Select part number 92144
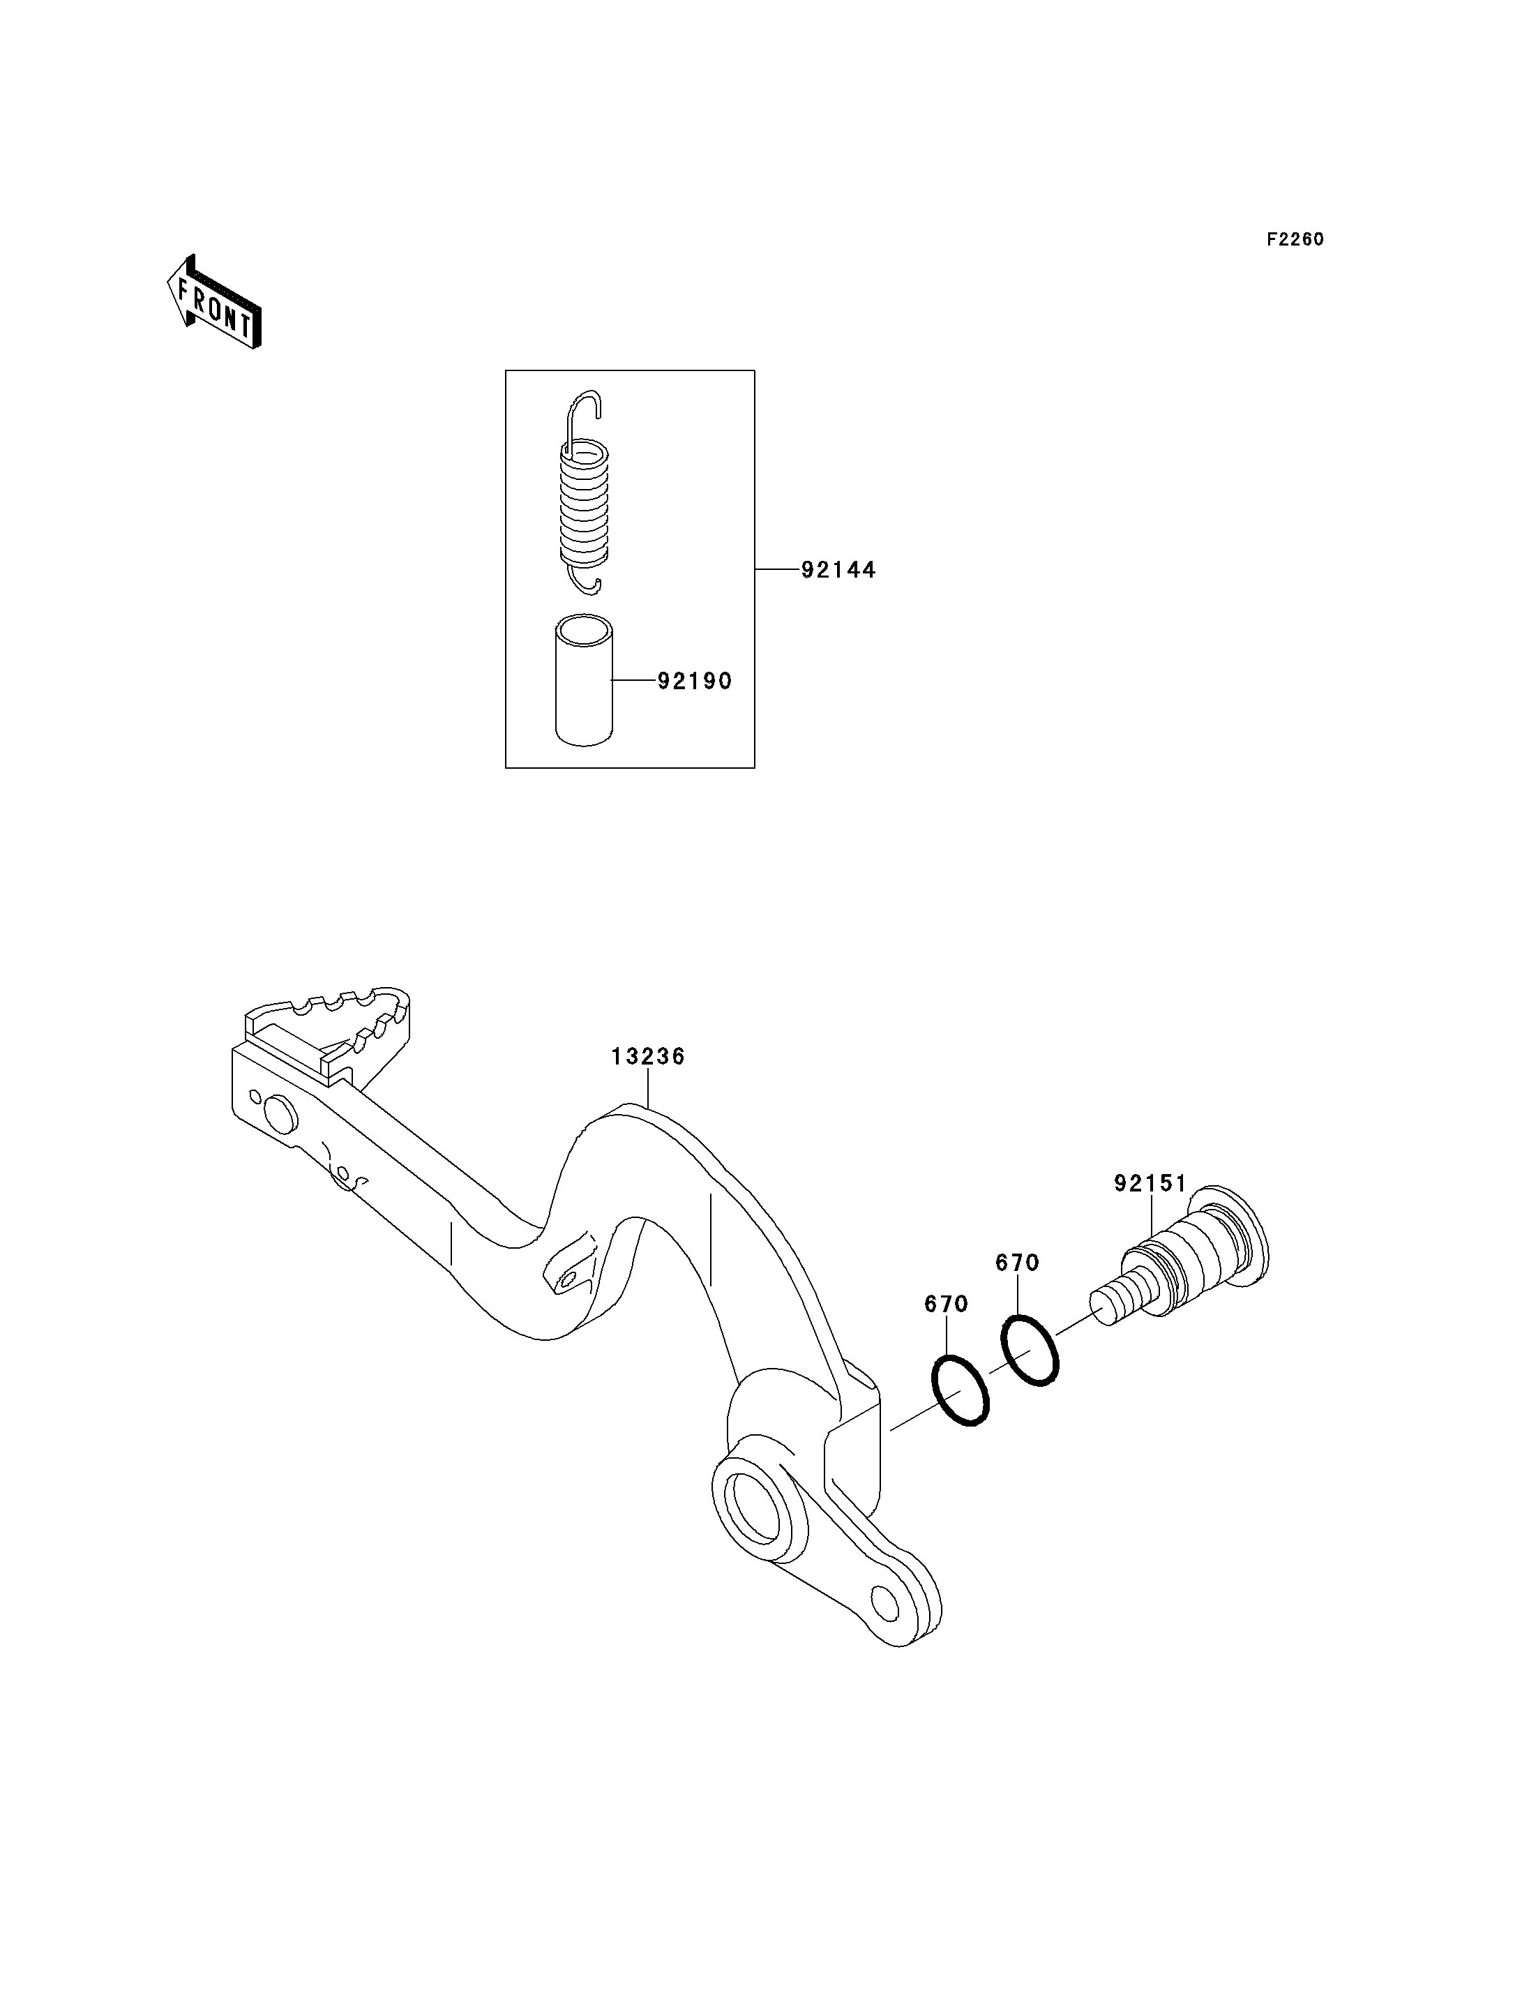click(x=838, y=570)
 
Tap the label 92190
click(x=695, y=681)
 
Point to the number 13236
click(x=648, y=1056)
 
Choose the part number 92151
click(x=1150, y=1183)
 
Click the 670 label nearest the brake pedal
click(x=947, y=1304)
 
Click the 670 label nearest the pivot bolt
click(x=1018, y=1263)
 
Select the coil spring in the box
click(x=583, y=493)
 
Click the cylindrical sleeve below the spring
click(x=585, y=681)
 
